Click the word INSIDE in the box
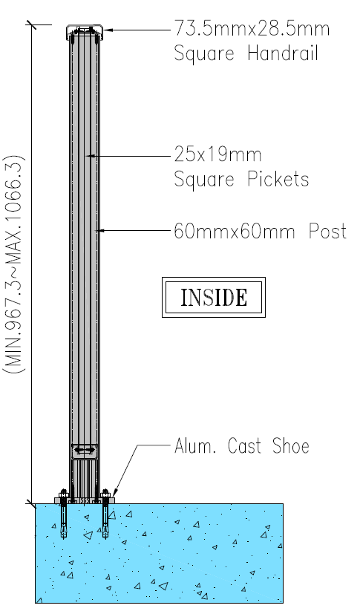pyautogui.click(x=214, y=298)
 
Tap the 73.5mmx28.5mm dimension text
pyautogui.click(x=252, y=28)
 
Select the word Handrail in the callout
pyautogui.click(x=284, y=53)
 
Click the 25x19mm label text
pyautogui.click(x=217, y=154)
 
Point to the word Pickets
pyautogui.click(x=278, y=179)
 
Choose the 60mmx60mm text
pyautogui.click(x=234, y=231)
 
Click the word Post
pyautogui.click(x=327, y=231)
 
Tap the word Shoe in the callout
pyautogui.click(x=291, y=445)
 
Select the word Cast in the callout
pyautogui.click(x=244, y=445)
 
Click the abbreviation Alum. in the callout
pyautogui.click(x=194, y=445)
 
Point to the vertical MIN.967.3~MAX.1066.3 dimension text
pyautogui.click(x=14, y=264)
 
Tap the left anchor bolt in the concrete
pyautogui.click(x=64, y=514)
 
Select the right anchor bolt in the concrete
pyautogui.click(x=105, y=514)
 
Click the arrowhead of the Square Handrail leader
pyautogui.click(x=108, y=30)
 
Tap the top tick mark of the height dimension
pyautogui.click(x=32, y=24)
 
